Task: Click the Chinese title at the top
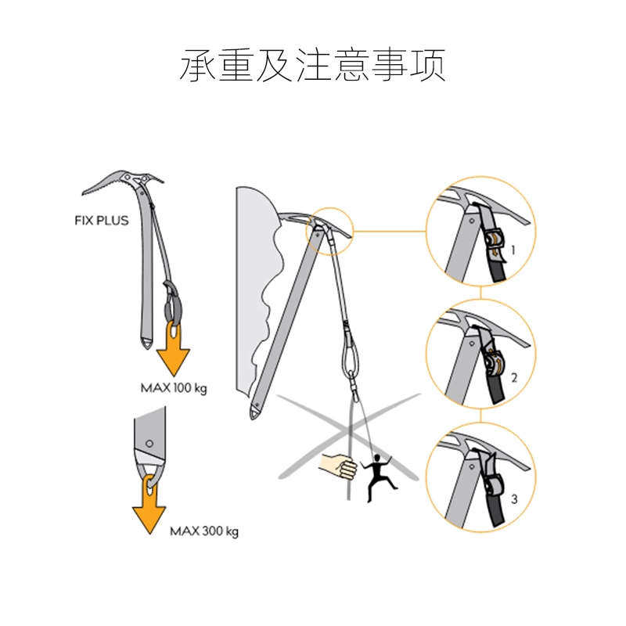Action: (x=313, y=66)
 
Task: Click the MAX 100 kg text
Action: (x=174, y=387)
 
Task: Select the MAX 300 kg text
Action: (x=204, y=531)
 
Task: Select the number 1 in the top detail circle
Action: (x=513, y=251)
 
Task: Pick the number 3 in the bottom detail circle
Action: (x=513, y=498)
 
